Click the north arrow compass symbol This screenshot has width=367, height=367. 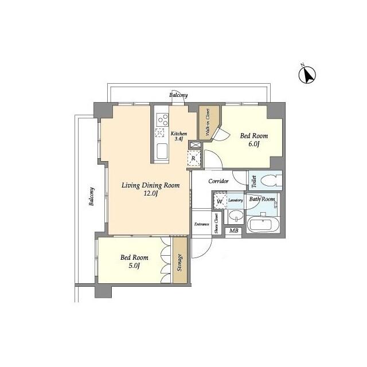[307, 75]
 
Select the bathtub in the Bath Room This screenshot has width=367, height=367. [263, 224]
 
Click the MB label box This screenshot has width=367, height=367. [233, 231]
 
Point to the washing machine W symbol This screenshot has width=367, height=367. [220, 201]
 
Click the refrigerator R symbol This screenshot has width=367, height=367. [194, 158]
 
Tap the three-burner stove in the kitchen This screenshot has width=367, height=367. [162, 120]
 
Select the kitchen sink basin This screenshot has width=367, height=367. [162, 151]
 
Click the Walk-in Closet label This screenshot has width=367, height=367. [208, 122]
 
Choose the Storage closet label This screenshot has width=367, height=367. [180, 263]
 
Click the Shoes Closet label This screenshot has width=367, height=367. [217, 223]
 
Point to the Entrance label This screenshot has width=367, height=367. [202, 224]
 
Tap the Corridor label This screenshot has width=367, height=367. [218, 181]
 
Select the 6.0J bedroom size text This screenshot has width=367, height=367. [254, 144]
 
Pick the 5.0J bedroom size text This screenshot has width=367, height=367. [134, 266]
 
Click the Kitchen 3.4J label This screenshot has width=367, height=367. [178, 136]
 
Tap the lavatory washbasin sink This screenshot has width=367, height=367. [236, 216]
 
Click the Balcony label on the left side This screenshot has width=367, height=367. [92, 196]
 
